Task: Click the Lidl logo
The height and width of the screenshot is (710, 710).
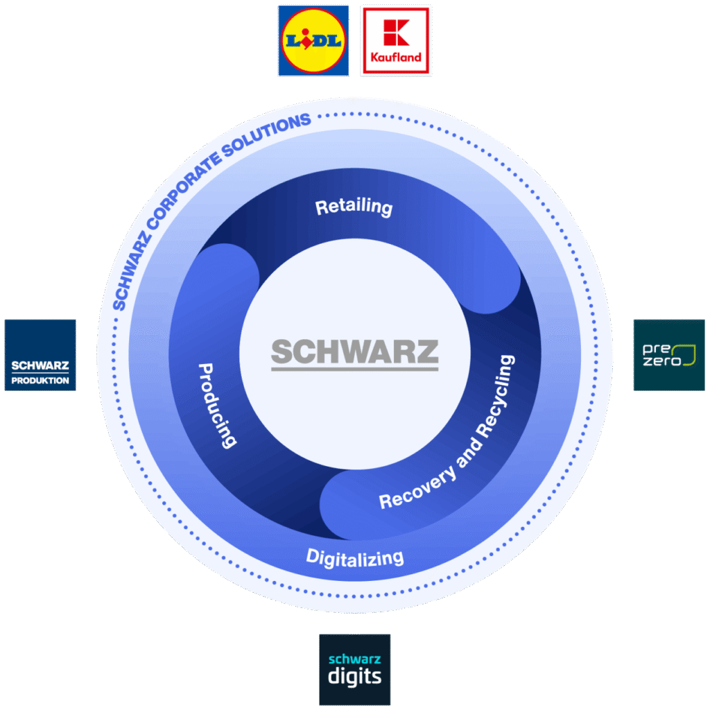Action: pos(313,40)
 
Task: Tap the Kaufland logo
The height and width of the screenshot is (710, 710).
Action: pos(396,40)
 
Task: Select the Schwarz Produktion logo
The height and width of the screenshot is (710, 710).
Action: pos(40,355)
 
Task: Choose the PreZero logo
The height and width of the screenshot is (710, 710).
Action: pos(668,355)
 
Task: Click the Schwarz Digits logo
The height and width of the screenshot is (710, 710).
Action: pos(354,669)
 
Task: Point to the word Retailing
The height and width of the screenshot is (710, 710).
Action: pos(354,207)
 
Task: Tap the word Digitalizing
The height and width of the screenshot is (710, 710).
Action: pos(354,556)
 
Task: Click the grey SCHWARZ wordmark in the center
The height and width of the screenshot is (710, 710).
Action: pos(354,352)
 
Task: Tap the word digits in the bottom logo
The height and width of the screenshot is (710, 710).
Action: pos(354,675)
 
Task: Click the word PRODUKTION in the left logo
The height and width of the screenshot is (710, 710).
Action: pos(40,380)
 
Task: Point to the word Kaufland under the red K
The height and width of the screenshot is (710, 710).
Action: pos(396,58)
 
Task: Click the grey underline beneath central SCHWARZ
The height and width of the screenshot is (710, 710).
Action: pos(354,367)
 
